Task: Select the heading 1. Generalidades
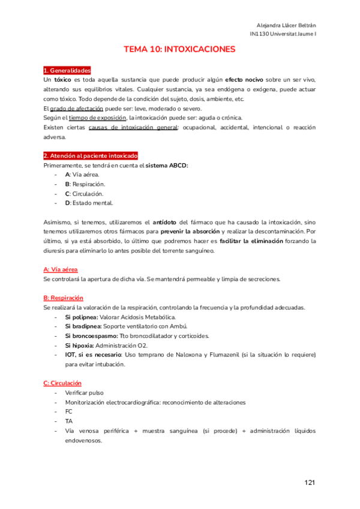[x=67, y=71]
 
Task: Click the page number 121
[x=310, y=482]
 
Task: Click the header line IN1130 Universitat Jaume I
[x=283, y=34]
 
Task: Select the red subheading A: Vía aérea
[x=61, y=270]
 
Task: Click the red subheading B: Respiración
[x=64, y=298]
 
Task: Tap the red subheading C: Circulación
[x=62, y=383]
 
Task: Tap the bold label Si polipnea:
[x=82, y=317]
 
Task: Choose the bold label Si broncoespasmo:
[x=91, y=336]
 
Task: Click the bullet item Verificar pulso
[x=84, y=393]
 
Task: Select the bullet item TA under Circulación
[x=68, y=421]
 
